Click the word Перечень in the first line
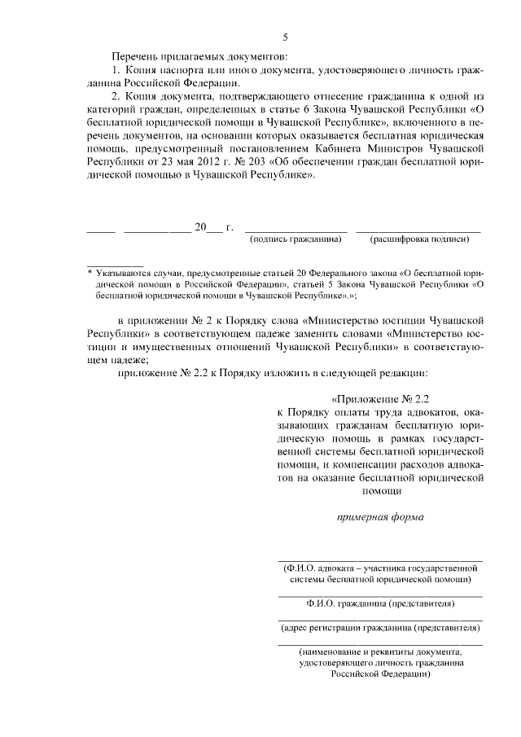135,56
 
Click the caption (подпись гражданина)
296,239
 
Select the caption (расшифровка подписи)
419,239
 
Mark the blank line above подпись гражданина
296,230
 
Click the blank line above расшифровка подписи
418,230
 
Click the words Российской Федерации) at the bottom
380,675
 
